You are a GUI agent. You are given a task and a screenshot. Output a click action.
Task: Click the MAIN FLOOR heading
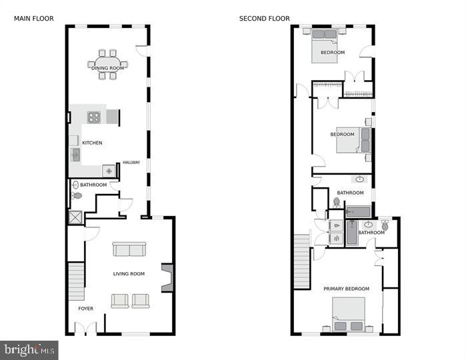tap(34, 19)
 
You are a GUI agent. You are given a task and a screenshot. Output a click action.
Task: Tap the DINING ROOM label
tap(108, 68)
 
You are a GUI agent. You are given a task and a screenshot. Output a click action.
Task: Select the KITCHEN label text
tap(92, 143)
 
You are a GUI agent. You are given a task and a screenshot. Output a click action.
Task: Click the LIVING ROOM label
tap(128, 274)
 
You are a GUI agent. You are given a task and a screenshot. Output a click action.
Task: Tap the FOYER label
tap(86, 309)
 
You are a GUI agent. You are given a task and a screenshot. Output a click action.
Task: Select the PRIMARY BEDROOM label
tap(346, 289)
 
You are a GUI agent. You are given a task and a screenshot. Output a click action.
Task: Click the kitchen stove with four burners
tap(94, 117)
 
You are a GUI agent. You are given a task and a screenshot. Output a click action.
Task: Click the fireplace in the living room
tap(168, 277)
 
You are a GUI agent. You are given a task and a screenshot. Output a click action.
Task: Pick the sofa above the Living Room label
tap(129, 249)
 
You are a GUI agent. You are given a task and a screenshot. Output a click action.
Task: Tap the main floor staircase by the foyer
tap(77, 281)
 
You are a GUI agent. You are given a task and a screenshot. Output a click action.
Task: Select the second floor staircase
tap(302, 261)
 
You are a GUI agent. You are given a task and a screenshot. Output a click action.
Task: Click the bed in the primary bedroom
tap(349, 314)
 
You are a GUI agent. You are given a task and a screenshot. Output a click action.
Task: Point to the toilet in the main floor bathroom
tap(77, 196)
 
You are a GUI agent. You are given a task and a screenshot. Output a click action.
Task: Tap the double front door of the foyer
tap(85, 329)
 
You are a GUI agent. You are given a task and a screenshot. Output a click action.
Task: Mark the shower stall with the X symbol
tap(74, 217)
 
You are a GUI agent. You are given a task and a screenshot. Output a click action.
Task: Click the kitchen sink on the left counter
tap(75, 155)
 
